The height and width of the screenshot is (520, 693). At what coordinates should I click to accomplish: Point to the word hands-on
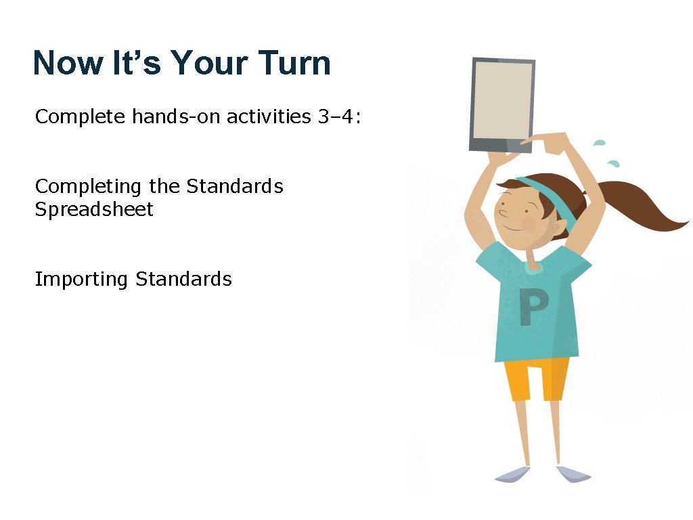177,117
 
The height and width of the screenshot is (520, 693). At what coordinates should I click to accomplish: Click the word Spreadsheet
94,210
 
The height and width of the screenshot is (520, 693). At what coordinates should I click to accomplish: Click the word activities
269,117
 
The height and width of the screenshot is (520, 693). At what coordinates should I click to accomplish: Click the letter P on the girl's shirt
533,309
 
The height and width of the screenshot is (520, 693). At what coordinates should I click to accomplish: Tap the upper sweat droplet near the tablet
599,143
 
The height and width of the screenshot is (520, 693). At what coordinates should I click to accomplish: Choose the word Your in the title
210,63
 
